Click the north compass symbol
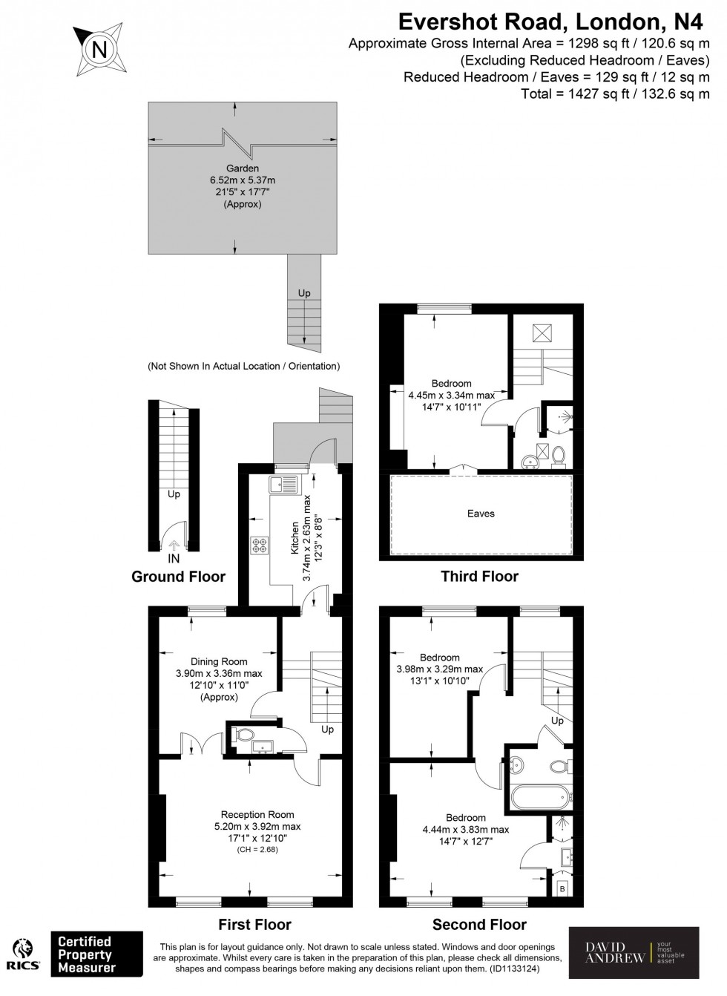click(x=98, y=50)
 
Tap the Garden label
click(x=243, y=168)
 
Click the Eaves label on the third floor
click(x=481, y=514)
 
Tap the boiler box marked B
click(x=562, y=888)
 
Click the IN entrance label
click(x=174, y=558)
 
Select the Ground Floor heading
click(x=178, y=577)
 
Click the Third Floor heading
click(x=479, y=577)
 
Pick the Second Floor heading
click(x=479, y=925)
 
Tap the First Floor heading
click(x=254, y=925)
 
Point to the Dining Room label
click(x=219, y=662)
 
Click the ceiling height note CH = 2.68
click(x=257, y=850)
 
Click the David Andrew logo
click(x=634, y=952)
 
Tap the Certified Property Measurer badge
click(x=96, y=954)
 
